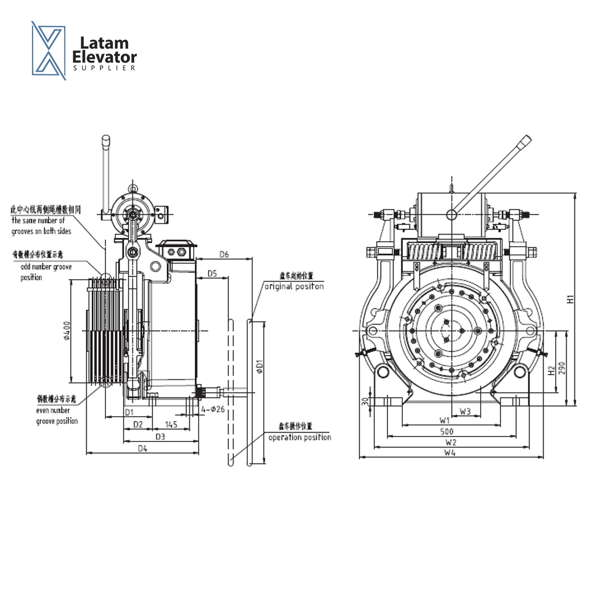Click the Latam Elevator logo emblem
(49, 50)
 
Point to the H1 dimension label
(571, 299)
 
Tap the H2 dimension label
(551, 371)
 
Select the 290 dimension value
(562, 368)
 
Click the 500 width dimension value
(446, 431)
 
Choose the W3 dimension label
(465, 411)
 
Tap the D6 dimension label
(224, 254)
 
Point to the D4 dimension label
(142, 449)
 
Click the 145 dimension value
(171, 424)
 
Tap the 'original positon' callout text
(294, 286)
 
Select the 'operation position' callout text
(300, 437)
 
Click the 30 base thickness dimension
(365, 401)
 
